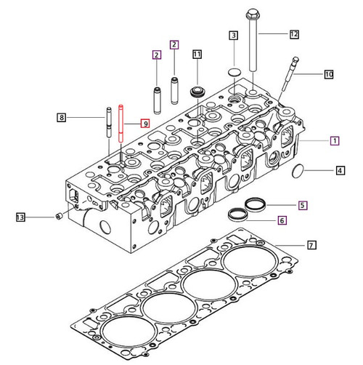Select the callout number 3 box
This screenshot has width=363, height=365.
pyautogui.click(x=234, y=35)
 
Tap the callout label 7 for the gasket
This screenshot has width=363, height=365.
pyautogui.click(x=311, y=245)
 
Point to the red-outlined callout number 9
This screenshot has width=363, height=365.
pyautogui.click(x=146, y=124)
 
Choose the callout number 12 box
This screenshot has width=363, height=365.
pyautogui.click(x=294, y=34)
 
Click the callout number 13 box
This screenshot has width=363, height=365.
pyautogui.click(x=21, y=217)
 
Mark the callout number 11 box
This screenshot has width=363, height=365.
pyautogui.click(x=197, y=54)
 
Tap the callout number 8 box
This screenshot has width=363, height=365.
pyautogui.click(x=62, y=117)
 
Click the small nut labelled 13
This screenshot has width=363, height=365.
pyautogui.click(x=57, y=216)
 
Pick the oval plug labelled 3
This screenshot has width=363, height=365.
pyautogui.click(x=234, y=71)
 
